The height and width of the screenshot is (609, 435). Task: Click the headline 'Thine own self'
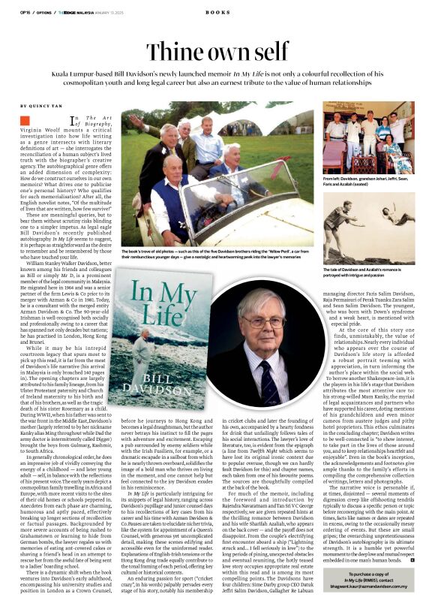217,52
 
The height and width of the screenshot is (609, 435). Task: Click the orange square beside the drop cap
25,120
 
